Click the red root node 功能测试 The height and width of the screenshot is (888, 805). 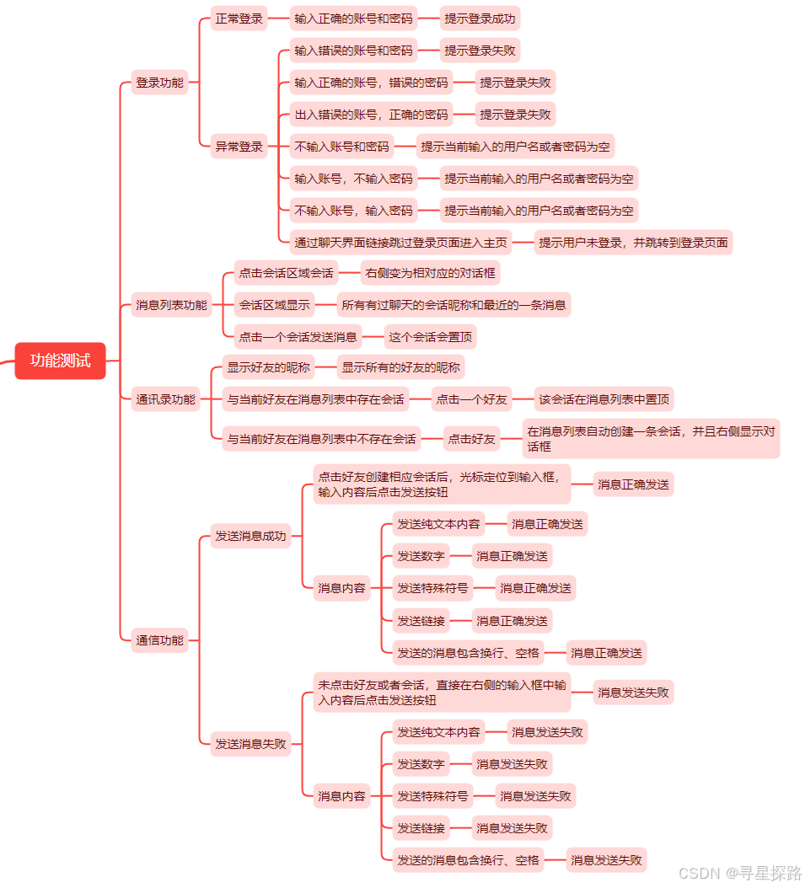coord(60,361)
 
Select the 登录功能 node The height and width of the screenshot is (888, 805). coord(159,83)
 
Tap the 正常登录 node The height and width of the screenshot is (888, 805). coord(239,18)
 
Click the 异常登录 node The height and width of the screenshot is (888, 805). coord(239,147)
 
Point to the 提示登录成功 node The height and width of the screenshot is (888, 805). coord(480,18)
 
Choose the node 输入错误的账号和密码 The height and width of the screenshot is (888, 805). coord(353,51)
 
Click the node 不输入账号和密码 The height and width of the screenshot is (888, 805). coord(341,147)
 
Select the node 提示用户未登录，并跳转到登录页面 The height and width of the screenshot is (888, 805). coord(633,243)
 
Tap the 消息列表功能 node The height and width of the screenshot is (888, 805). coord(171,305)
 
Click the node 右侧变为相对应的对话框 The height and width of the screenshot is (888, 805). coord(430,273)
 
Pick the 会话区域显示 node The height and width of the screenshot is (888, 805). coord(274,305)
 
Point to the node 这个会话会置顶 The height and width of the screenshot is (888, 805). coord(430,337)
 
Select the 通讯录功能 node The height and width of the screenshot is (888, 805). coord(165,399)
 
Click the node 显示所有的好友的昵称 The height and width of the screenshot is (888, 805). coord(400,367)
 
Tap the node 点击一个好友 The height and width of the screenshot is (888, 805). coord(471,399)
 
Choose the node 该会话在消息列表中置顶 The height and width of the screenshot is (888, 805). coord(604,399)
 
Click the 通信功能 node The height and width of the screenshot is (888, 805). coord(159,640)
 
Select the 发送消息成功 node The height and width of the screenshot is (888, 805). coord(250,536)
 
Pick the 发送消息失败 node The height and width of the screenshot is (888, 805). coord(250,744)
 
